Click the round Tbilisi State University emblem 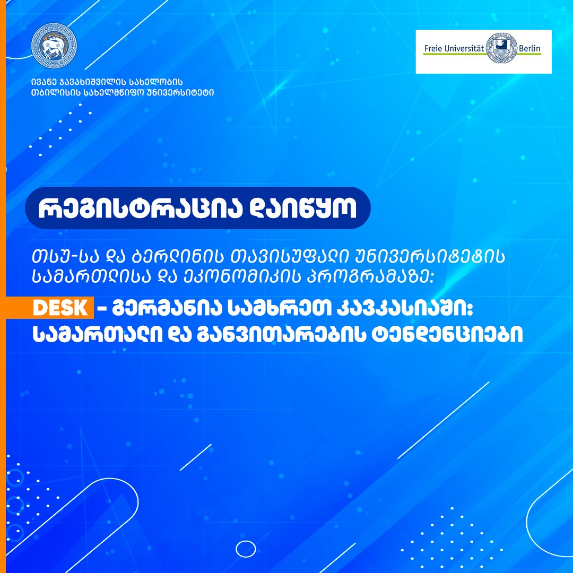tap(54, 46)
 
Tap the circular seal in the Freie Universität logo tap(502, 48)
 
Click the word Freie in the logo tap(433, 48)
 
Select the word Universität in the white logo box tap(464, 48)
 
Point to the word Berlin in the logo tap(529, 48)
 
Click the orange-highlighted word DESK tap(60, 308)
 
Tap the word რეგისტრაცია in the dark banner tap(140, 209)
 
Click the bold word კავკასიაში tap(404, 308)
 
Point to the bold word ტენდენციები tap(447, 334)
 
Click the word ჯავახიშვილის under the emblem tap(92, 82)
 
